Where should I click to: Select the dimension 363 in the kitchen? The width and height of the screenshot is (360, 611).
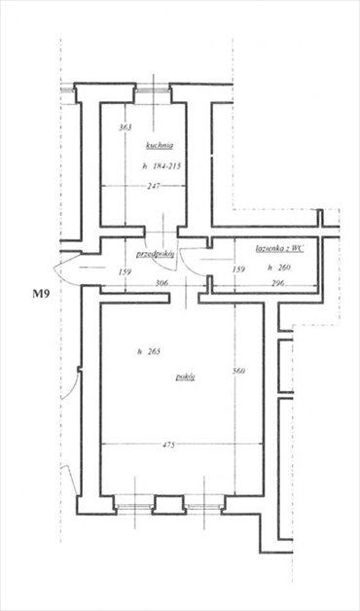click(x=125, y=127)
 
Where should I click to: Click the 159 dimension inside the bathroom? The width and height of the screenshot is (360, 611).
click(x=238, y=270)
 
